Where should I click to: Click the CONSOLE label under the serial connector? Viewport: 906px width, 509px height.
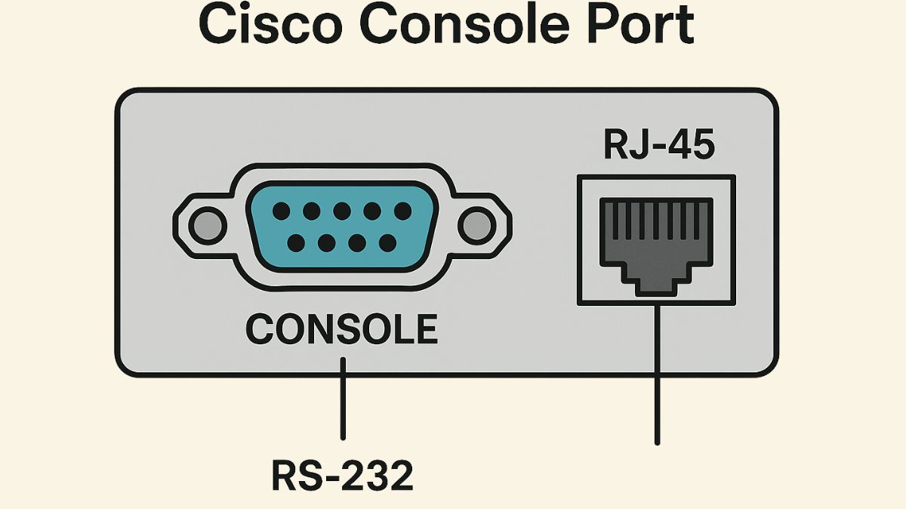click(x=342, y=329)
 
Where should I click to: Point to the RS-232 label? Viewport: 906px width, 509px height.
click(x=342, y=476)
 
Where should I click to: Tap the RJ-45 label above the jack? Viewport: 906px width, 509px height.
click(x=658, y=146)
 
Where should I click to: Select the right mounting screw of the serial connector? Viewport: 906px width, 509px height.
click(x=476, y=225)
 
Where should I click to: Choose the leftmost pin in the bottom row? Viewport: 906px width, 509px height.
click(x=297, y=242)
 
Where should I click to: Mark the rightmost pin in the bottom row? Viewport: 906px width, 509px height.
click(x=387, y=242)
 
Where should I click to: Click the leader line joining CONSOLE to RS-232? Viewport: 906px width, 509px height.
click(x=343, y=400)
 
